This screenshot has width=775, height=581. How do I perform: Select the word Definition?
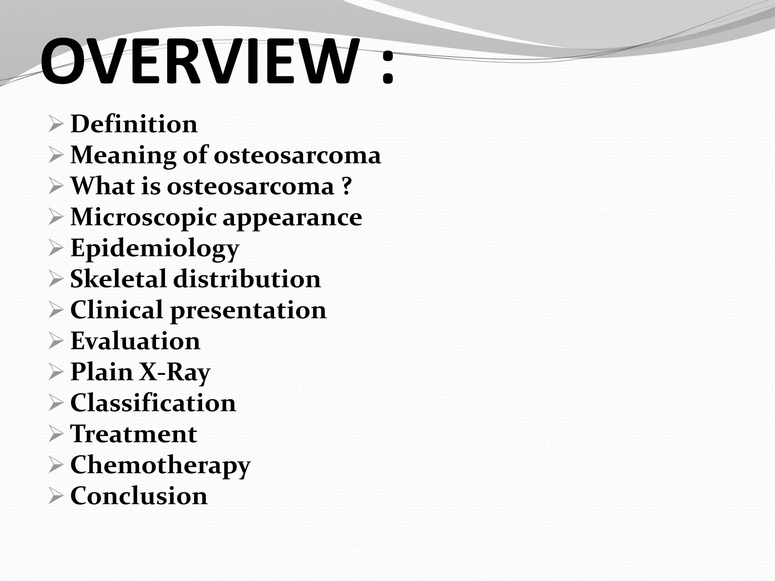pos(134,124)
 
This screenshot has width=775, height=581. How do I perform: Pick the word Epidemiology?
pos(155,249)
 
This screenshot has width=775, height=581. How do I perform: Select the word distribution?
pos(247,279)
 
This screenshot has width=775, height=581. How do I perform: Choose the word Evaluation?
pos(135,341)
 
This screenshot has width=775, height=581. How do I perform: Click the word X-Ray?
pos(175,372)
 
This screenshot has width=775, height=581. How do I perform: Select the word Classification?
pos(153,403)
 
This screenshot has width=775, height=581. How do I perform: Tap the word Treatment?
pos(134,434)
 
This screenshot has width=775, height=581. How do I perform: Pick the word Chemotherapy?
pos(160,465)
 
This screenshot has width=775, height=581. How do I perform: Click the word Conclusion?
pos(139,496)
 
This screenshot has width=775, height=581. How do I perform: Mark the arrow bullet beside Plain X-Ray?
pos(55,373)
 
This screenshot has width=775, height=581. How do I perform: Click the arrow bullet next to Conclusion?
pos(55,496)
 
